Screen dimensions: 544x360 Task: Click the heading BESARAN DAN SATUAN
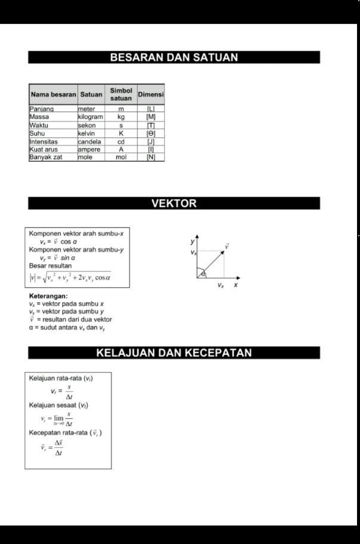coord(174,58)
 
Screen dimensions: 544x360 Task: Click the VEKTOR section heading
coord(174,203)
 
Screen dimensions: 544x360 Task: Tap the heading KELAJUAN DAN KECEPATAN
coord(174,353)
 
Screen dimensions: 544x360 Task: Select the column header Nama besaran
coord(53,94)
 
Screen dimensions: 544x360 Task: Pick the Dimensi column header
coord(150,94)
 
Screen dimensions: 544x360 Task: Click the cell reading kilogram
coord(90,117)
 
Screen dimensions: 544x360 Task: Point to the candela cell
coord(89,142)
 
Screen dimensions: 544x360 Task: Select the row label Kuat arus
coord(44,150)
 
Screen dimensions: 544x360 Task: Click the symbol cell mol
coord(121,157)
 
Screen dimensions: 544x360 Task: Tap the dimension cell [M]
coord(150,117)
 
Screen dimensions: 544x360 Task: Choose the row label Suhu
coord(37,134)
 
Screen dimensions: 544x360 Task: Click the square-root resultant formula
coord(70,277)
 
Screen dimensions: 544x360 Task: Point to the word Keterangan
coord(48,296)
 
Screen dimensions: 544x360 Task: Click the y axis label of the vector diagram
coord(193,242)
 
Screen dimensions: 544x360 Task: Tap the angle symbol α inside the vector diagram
coord(203,274)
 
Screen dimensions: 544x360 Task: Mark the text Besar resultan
coord(50,265)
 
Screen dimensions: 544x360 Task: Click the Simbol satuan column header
coord(121,94)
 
